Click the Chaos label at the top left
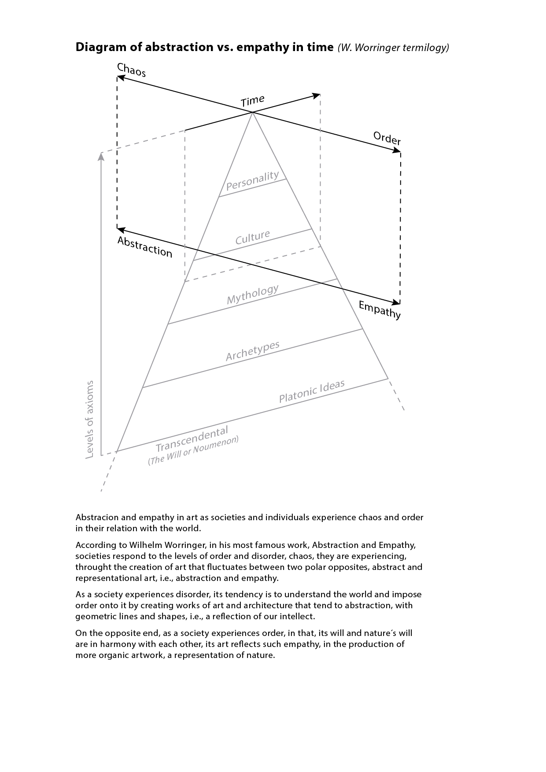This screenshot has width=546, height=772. pos(131,70)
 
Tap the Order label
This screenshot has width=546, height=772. pos(387,138)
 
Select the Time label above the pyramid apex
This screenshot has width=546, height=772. pos(252,101)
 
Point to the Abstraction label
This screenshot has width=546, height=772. pos(144,247)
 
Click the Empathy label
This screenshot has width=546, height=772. pos(380,310)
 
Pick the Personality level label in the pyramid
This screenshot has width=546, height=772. pos(252,180)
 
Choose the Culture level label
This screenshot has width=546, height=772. pos(252,237)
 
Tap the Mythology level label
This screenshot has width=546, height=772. pos(252,294)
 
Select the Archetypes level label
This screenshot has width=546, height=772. pos(252,351)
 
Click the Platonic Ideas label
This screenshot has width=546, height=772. pos(312,391)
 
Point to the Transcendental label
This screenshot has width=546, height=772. pos(192,439)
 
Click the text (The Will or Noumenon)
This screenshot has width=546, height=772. pos(193,450)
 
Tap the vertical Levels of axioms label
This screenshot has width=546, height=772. pos(89,419)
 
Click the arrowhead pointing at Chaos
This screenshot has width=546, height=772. pos(120,78)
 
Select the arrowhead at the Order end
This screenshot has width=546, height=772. pos(397,151)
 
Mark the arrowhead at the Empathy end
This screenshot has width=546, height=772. pos(397,302)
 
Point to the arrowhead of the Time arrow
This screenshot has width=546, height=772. pos(317,95)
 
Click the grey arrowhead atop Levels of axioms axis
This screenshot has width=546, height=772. pos(101,155)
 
